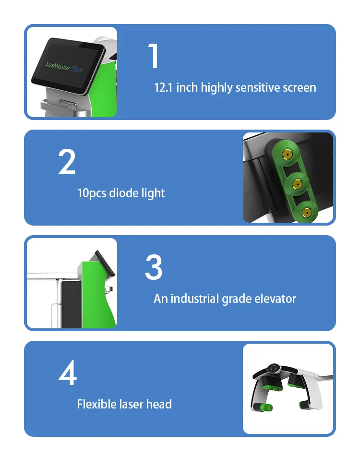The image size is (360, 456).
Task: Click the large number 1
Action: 154,57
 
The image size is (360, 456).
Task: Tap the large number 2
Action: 67,162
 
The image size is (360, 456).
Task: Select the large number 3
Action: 154,267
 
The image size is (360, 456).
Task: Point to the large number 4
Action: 67,373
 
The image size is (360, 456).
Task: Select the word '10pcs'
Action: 92,193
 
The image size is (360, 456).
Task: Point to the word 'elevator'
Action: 275,299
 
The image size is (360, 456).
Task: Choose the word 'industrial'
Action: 195,299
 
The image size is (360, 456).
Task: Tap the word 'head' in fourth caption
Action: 159,404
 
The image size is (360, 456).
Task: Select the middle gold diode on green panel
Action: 297,183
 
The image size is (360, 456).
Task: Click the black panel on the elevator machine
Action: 70,302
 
